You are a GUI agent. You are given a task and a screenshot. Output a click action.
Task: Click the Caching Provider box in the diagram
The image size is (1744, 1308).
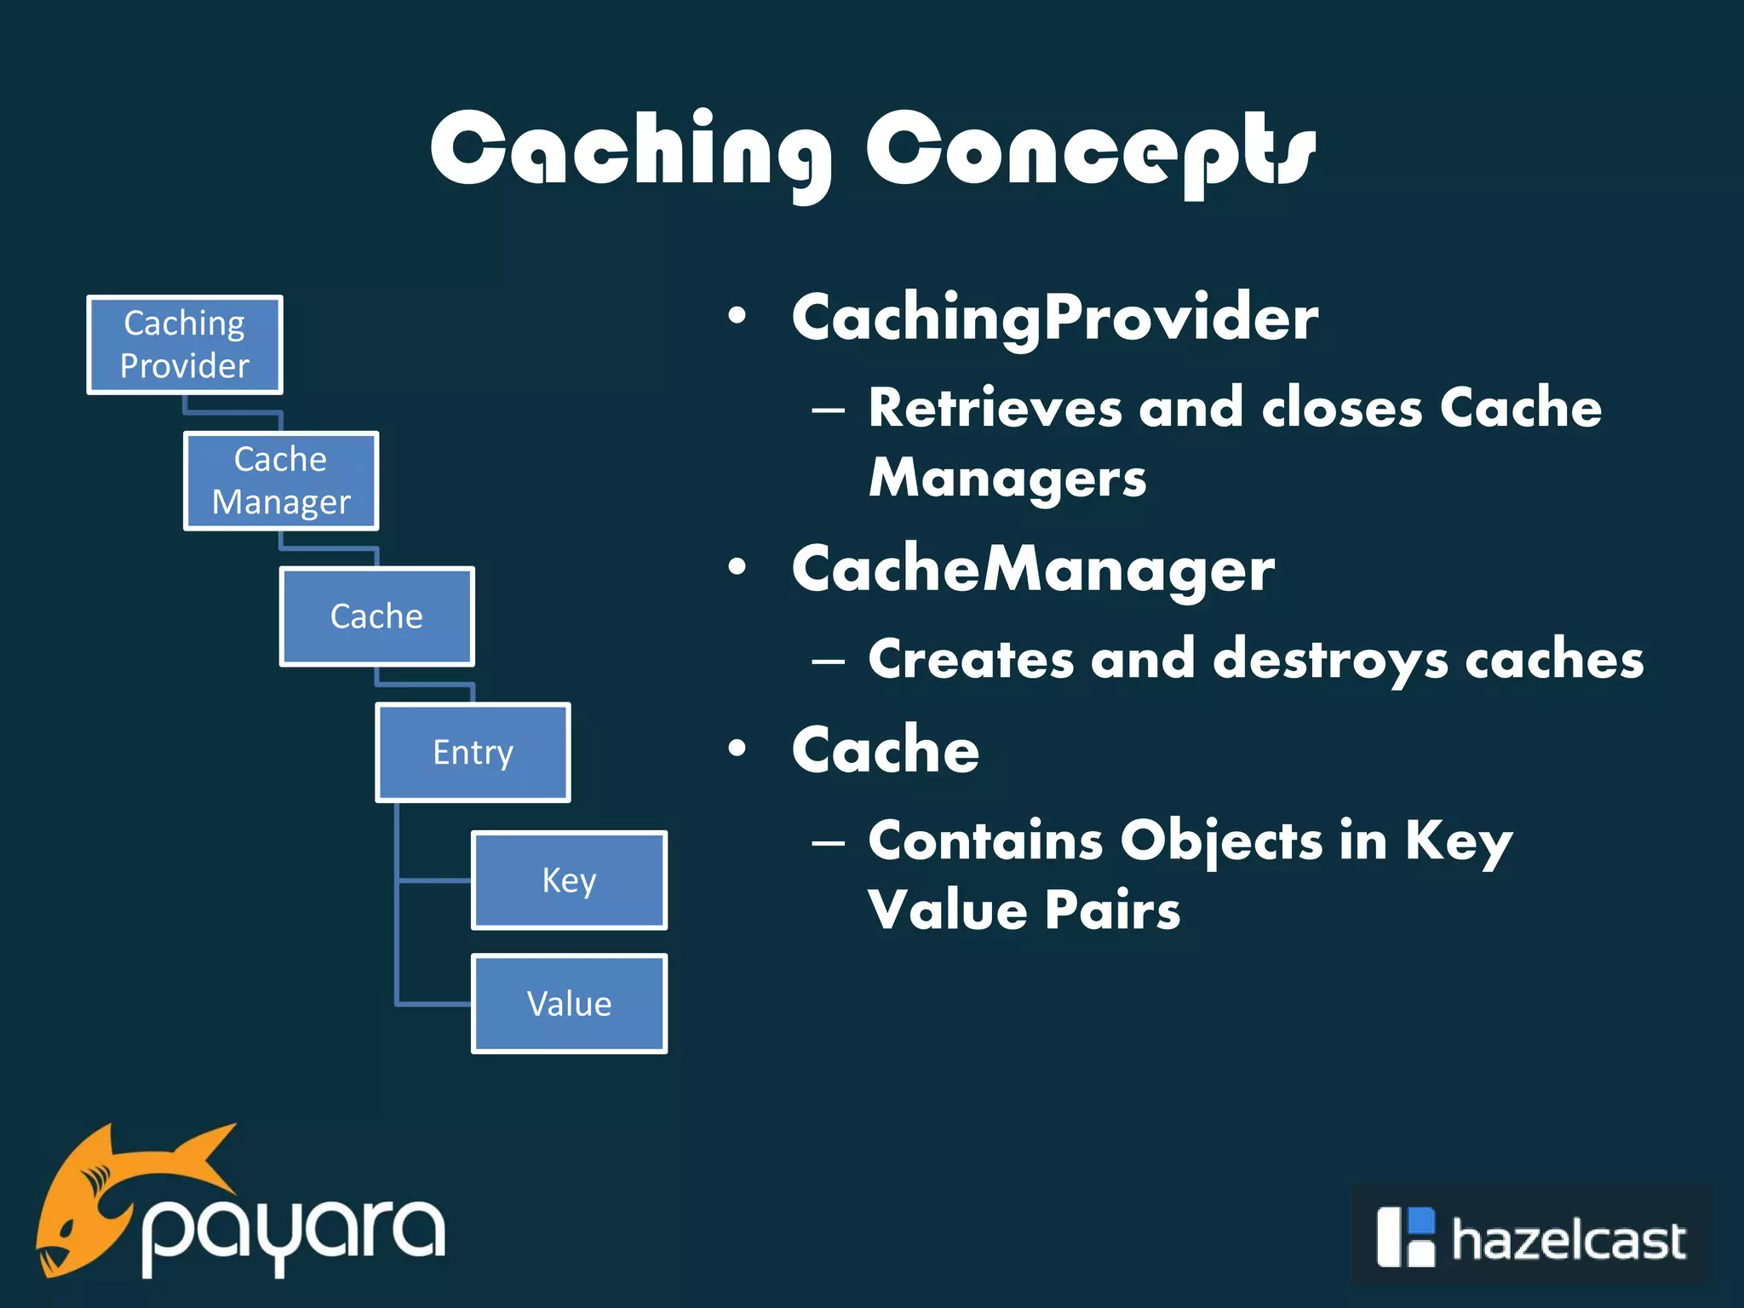coord(185,345)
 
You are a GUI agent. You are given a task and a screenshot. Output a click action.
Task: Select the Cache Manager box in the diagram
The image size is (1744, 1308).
coord(281,481)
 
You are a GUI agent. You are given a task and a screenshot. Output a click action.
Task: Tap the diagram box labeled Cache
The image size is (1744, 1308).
coord(376,617)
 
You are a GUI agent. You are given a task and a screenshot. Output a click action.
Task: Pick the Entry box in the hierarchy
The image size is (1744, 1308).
coord(473,753)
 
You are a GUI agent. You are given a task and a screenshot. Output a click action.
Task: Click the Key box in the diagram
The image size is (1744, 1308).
coord(569,881)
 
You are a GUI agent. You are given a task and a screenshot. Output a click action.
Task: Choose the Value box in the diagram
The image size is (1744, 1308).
coord(569,1004)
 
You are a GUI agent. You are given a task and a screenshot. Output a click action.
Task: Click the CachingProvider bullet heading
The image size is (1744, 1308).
coord(1054,318)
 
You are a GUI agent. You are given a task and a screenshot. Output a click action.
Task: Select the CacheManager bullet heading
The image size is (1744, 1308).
coord(1032,569)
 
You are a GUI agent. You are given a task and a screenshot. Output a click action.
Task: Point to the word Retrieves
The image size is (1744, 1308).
coord(995,408)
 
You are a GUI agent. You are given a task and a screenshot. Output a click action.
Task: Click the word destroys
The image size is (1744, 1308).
coord(1329,660)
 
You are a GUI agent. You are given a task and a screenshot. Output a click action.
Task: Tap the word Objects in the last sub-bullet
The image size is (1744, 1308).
coord(1221,841)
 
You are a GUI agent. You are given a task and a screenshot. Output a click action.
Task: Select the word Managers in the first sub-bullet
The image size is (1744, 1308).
coord(1007,478)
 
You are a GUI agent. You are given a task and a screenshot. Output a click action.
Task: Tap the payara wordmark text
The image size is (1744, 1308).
coord(294,1231)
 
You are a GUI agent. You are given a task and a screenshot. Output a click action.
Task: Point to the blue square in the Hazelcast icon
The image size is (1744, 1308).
coord(1421,1219)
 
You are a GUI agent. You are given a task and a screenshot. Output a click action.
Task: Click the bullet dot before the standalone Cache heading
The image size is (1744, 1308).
coord(737,749)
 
